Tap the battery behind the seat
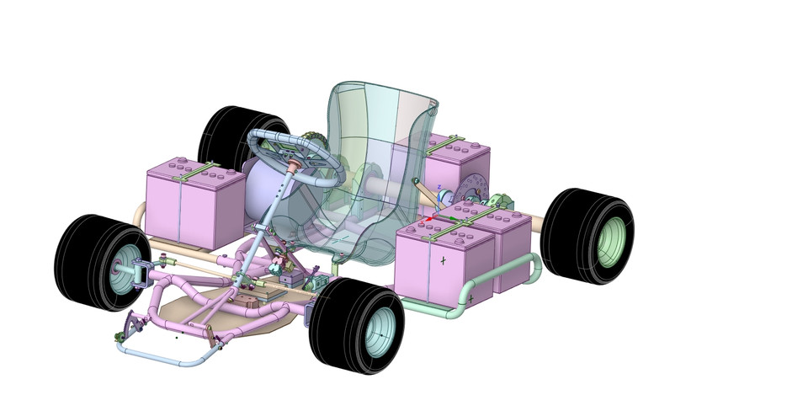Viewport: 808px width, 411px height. [x=450, y=164]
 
